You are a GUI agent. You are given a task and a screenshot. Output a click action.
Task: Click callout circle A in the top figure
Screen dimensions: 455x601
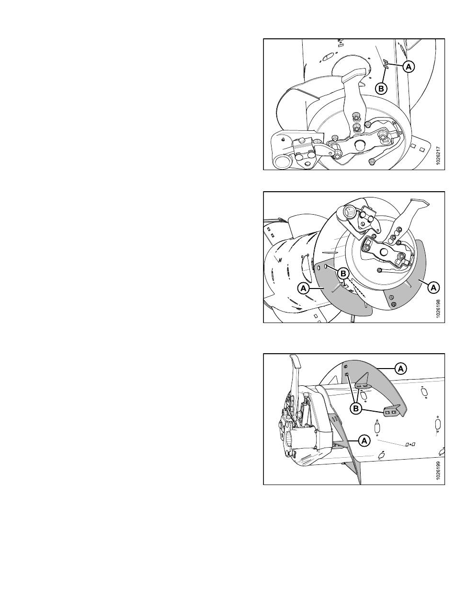[409, 66]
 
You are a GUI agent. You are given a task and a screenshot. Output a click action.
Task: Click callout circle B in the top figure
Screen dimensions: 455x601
[381, 89]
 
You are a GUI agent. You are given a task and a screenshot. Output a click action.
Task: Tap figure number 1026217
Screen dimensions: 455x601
[438, 155]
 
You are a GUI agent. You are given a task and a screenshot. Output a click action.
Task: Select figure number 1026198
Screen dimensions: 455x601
[438, 309]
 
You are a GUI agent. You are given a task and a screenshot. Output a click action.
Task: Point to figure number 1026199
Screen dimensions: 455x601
[438, 471]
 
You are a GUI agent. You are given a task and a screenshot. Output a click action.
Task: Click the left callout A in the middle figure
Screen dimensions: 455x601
[304, 288]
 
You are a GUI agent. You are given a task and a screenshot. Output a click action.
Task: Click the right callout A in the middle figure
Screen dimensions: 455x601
[433, 287]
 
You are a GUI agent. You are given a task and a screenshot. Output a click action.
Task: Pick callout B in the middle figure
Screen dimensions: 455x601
[343, 274]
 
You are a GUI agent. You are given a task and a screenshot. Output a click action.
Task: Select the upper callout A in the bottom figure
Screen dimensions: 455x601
[400, 369]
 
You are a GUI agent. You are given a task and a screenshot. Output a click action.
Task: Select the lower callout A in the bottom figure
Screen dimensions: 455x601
[364, 440]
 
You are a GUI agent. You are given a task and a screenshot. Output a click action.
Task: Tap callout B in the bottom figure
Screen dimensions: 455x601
[356, 409]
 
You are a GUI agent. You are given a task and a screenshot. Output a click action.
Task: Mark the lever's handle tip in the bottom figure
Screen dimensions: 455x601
[294, 362]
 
